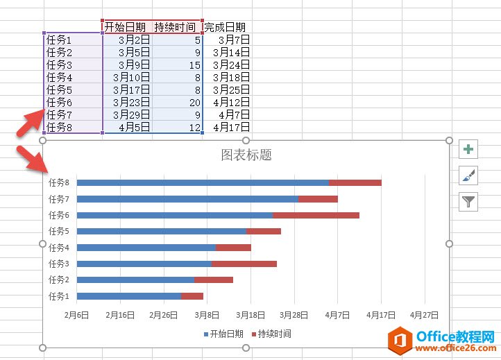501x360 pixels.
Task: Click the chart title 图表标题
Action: point(246,155)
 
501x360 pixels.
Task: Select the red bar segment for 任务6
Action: point(316,215)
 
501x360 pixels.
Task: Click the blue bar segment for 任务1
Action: point(128,296)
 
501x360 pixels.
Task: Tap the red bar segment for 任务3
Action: point(244,264)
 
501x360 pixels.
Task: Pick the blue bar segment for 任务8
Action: point(202,182)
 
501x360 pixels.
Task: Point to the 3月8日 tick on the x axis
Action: point(207,314)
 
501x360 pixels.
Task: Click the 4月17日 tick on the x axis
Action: point(381,314)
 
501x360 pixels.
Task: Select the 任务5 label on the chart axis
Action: point(59,231)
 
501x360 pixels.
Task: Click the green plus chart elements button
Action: point(469,149)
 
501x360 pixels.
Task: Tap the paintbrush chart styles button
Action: point(469,175)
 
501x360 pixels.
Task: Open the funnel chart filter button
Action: point(469,201)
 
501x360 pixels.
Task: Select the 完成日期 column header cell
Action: point(225,27)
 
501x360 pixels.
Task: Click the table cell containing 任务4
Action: point(60,77)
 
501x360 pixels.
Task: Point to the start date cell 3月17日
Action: point(129,89)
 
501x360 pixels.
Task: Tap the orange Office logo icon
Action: point(399,340)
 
